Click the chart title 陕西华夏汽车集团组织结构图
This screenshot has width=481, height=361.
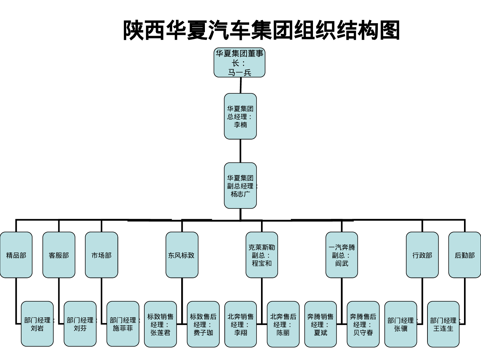[261, 30]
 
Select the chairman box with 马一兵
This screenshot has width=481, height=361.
[240, 63]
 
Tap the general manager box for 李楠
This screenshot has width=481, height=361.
[240, 116]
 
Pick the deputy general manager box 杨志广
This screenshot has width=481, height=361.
[240, 185]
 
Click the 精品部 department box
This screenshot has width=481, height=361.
[16, 255]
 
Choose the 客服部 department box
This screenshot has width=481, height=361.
[59, 255]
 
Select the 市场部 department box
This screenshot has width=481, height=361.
[101, 255]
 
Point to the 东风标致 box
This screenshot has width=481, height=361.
[182, 255]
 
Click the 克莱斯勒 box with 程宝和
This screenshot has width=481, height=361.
[262, 255]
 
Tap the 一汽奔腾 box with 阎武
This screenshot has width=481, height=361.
[342, 255]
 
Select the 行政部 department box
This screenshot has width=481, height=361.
[422, 255]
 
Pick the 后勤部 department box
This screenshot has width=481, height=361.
[465, 255]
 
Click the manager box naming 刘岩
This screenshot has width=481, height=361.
[37, 324]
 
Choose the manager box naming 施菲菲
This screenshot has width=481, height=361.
[123, 324]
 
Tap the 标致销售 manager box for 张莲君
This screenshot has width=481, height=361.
[160, 324]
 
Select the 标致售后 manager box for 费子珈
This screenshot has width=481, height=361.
[203, 324]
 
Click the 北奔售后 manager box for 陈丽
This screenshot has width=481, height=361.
[283, 324]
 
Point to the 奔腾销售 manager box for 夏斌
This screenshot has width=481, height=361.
[320, 324]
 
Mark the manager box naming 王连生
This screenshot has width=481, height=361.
[443, 324]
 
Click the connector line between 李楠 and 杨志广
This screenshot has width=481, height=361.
[240, 151]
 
